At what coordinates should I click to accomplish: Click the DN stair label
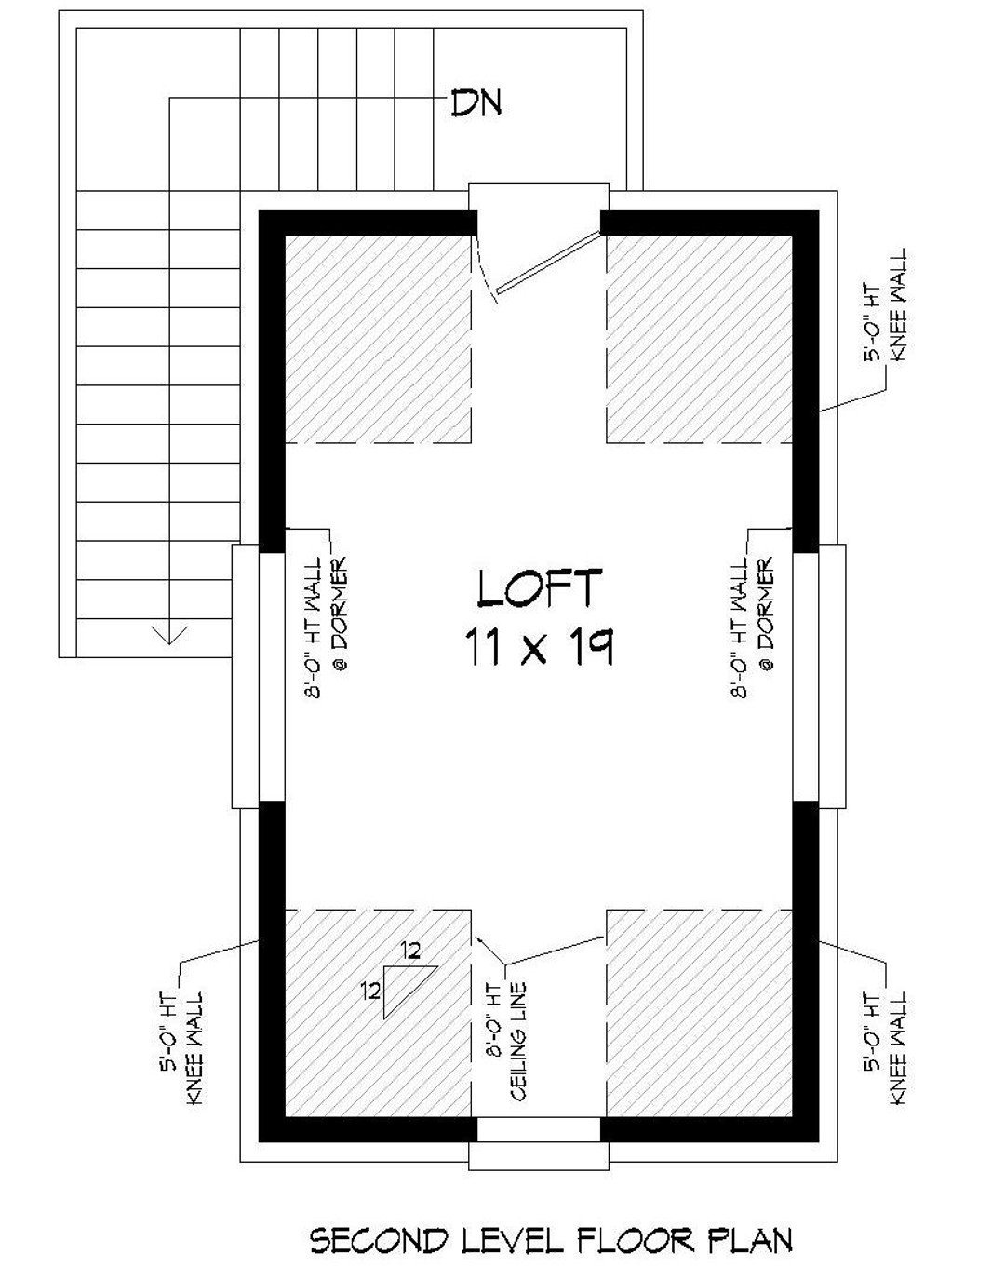pyautogui.click(x=476, y=102)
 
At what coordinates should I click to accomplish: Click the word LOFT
pyautogui.click(x=540, y=588)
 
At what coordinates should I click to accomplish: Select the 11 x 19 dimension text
pyautogui.click(x=538, y=645)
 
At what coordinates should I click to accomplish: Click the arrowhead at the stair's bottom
pyautogui.click(x=169, y=635)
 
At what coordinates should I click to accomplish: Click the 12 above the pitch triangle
pyautogui.click(x=411, y=951)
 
